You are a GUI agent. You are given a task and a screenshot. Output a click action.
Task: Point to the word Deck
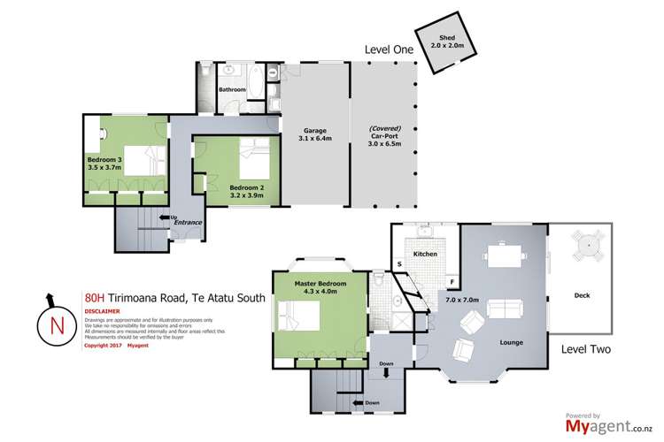582,295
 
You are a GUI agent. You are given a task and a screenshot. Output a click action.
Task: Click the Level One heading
390,50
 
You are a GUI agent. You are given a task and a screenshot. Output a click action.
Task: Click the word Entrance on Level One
189,224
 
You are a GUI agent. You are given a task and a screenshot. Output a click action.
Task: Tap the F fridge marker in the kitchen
452,284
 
